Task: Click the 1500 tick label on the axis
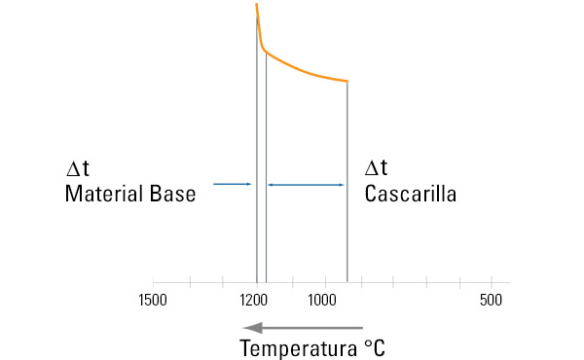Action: (x=153, y=300)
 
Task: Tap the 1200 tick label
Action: (x=256, y=300)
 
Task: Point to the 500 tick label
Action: (x=491, y=300)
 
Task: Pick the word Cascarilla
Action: (x=411, y=194)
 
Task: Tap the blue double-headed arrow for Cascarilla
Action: (x=306, y=184)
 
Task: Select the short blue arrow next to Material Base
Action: (x=233, y=184)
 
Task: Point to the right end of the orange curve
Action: (x=347, y=81)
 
